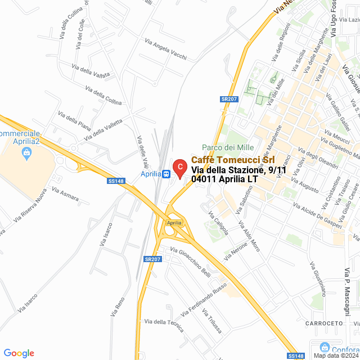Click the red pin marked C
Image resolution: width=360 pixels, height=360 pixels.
[x=179, y=167]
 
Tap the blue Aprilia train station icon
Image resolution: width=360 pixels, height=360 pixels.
[x=166, y=174]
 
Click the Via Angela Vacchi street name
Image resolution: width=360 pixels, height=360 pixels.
[x=165, y=49]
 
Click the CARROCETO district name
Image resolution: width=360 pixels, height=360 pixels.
[x=324, y=323]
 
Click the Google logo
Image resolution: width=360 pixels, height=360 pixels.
[x=19, y=353]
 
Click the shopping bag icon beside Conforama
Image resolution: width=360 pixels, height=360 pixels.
[x=323, y=348]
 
